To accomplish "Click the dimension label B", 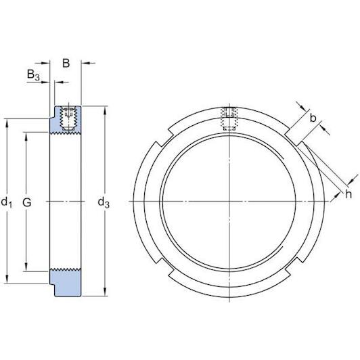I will (x=66, y=64).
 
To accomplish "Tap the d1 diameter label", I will (x=6, y=202).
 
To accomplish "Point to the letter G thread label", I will (x=26, y=202).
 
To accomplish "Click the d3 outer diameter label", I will (x=104, y=202).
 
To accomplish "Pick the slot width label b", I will (x=313, y=119).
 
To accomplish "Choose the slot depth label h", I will (x=348, y=194).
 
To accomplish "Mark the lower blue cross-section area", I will (x=66, y=283).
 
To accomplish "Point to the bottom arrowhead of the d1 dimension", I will (x=6, y=280).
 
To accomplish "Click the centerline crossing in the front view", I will (x=231, y=201).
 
